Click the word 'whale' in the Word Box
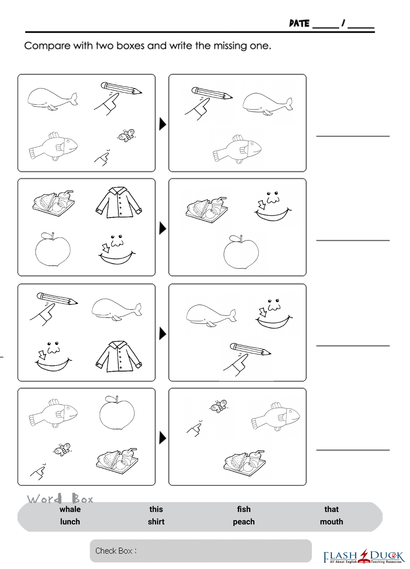(x=70, y=509)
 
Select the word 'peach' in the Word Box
(x=244, y=522)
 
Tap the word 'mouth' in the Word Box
(x=331, y=521)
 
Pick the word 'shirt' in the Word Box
(x=156, y=521)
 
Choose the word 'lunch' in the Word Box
(x=70, y=521)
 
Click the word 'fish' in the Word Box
(x=244, y=509)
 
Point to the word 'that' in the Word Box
(x=331, y=509)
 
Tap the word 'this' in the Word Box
(x=156, y=509)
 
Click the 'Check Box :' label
(x=116, y=551)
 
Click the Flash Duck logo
(x=364, y=556)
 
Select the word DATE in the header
(x=299, y=23)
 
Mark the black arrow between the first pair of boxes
(x=163, y=124)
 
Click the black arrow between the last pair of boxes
(x=163, y=438)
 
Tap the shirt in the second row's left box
(x=119, y=202)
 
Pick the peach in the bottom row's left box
(x=117, y=413)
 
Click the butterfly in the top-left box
(x=126, y=135)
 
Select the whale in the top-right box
(x=267, y=104)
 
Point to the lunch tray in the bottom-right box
(x=244, y=463)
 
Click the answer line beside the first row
(x=353, y=136)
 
